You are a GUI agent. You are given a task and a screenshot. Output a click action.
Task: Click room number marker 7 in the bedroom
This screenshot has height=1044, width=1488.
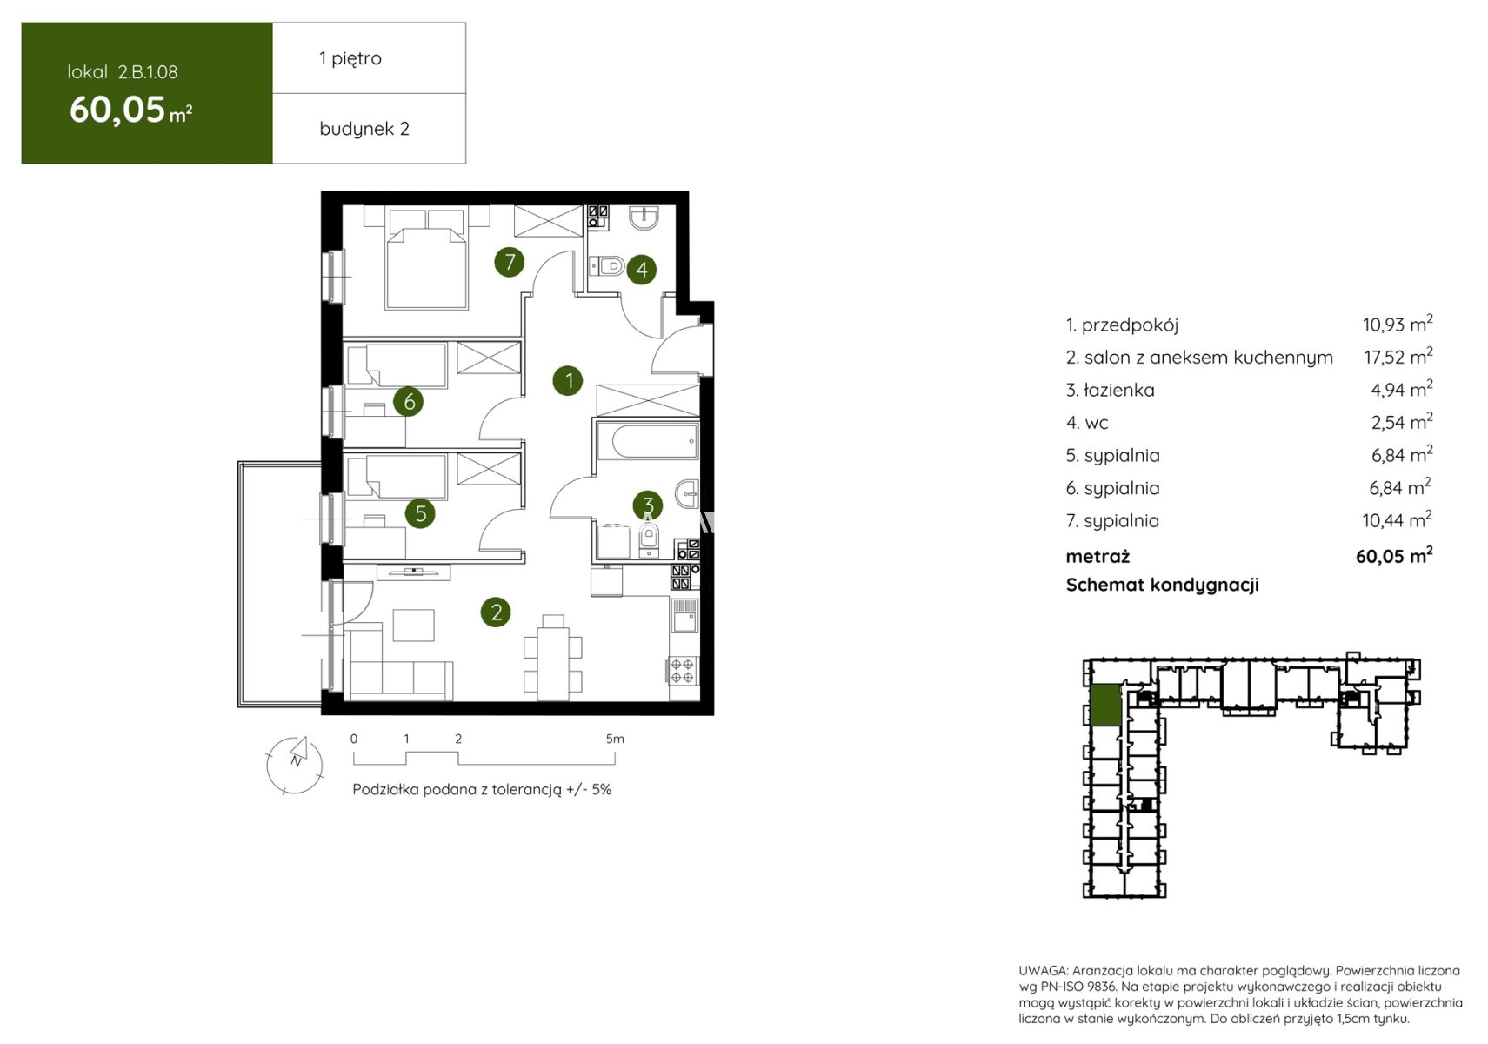tap(510, 262)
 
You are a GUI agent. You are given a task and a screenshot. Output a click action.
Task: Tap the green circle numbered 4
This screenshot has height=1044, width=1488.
tap(642, 269)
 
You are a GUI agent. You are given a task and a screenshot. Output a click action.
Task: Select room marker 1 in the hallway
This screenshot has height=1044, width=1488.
tap(568, 381)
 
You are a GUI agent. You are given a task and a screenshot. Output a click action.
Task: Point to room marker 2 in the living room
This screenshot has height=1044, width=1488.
tap(496, 612)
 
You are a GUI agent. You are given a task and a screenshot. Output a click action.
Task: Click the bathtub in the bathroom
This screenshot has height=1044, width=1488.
tap(648, 440)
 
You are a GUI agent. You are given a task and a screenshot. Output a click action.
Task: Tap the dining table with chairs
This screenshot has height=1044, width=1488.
tap(553, 657)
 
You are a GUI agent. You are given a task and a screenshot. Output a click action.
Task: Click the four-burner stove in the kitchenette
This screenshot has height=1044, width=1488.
tap(682, 670)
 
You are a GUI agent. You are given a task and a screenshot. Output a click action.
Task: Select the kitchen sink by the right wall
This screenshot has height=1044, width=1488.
tap(684, 616)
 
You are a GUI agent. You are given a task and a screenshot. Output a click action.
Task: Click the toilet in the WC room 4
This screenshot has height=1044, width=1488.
tap(606, 267)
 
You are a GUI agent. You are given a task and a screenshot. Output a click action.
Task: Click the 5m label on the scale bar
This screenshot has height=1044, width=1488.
tap(615, 739)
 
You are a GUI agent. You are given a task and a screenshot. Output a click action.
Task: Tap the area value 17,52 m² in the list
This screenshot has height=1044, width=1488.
tap(1398, 356)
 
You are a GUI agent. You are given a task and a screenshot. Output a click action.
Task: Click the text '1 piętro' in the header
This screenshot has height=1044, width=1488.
tap(350, 58)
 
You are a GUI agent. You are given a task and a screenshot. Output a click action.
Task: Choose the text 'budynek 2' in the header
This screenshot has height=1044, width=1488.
tap(364, 128)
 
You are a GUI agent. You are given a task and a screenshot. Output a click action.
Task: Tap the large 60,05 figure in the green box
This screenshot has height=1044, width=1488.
tap(117, 110)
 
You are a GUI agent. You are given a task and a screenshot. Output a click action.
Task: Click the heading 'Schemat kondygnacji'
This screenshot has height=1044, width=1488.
tap(1163, 585)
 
